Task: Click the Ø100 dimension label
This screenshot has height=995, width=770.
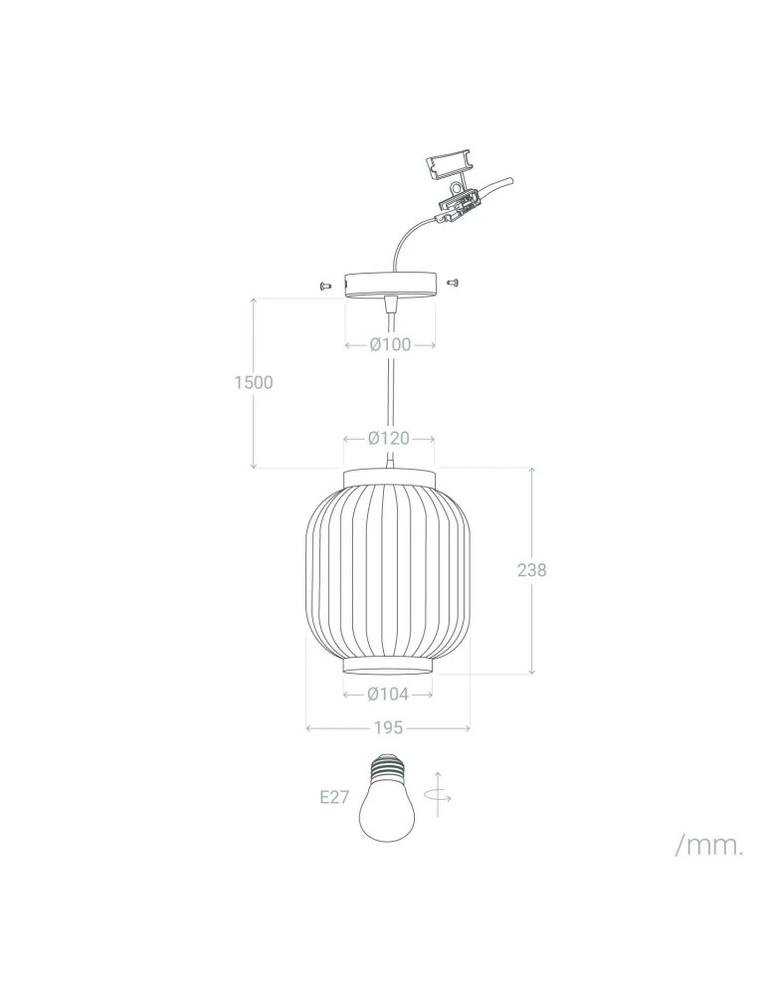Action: [x=390, y=345]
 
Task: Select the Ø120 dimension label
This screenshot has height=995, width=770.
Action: [x=390, y=438]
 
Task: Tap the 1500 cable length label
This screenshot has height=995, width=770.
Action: [x=254, y=382]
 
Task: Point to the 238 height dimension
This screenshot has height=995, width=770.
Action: [x=532, y=570]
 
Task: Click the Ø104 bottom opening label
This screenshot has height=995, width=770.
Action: [x=389, y=694]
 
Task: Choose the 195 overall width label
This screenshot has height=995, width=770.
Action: [x=388, y=728]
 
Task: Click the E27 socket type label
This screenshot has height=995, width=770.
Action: [x=334, y=797]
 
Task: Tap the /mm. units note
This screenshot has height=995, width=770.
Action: [x=709, y=846]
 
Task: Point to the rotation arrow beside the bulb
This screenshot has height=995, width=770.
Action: [x=437, y=794]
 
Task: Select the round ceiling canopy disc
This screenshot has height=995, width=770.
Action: [x=390, y=285]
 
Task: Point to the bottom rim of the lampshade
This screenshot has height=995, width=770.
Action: [x=389, y=664]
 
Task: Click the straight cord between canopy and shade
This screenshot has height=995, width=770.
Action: [x=390, y=388]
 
